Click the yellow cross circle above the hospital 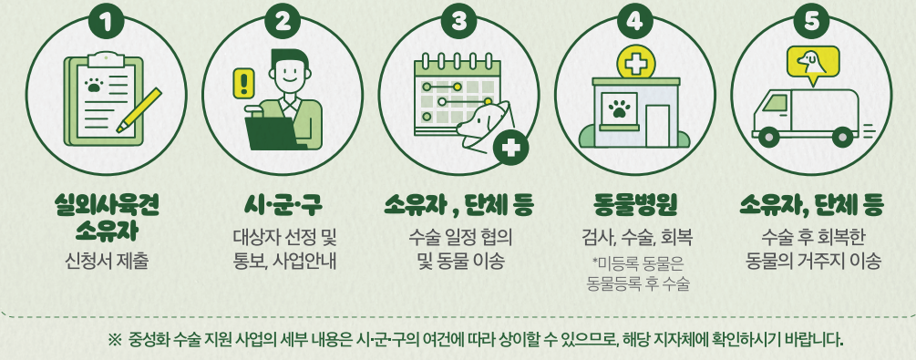coord(634,64)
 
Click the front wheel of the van coord(770,137)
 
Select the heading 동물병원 coord(635,202)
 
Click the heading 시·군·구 coord(283,202)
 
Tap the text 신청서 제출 coord(107,262)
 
